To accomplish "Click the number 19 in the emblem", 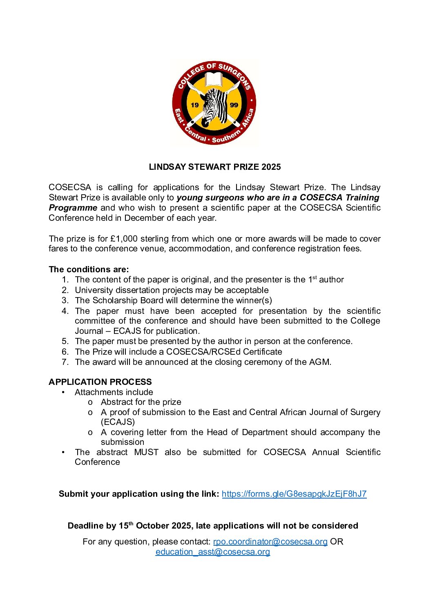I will [194, 105].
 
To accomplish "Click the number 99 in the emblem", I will [234, 105].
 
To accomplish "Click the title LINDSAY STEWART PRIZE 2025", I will [215, 167].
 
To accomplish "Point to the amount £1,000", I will [124, 239].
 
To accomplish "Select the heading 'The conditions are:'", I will [89, 269].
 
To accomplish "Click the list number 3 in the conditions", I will [65, 300].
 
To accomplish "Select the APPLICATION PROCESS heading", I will [100, 382].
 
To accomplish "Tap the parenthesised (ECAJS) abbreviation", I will [118, 422].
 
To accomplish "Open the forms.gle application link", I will [294, 494].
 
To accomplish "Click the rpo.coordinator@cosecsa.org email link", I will [270, 542].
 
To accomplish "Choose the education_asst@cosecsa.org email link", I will [212, 552].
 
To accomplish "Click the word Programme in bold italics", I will [73, 208].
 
